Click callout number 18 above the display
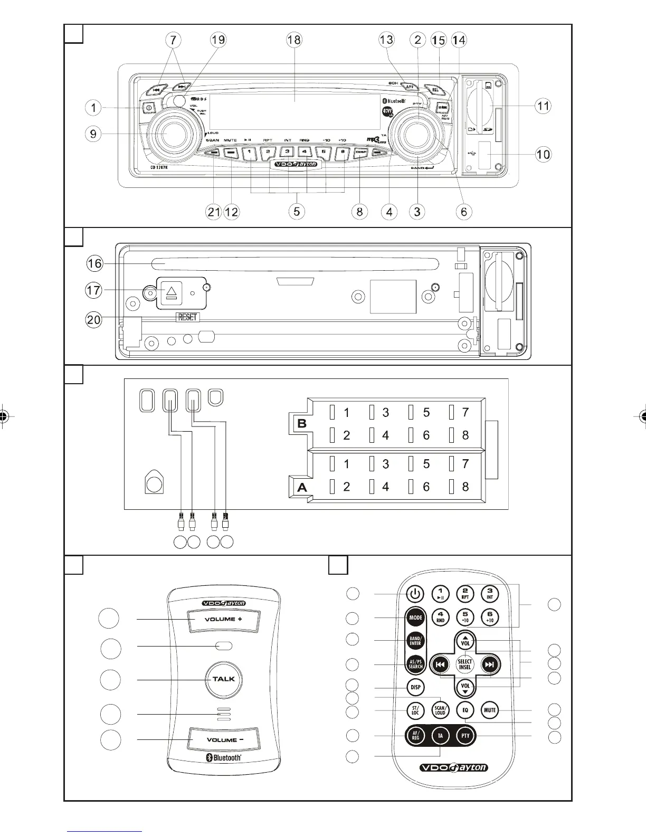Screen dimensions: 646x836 [x=294, y=40]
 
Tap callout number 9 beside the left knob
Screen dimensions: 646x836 [x=93, y=134]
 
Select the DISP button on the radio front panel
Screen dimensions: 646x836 [x=361, y=153]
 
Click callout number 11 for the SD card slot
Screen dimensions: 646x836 [x=543, y=106]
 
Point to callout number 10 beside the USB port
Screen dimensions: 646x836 [x=543, y=154]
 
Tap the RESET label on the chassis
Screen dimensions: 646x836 [x=187, y=317]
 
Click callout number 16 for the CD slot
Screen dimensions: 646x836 [x=94, y=263]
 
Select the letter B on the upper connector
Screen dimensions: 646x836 [x=302, y=423]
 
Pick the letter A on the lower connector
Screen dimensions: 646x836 [x=302, y=488]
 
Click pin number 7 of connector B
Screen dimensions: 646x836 [x=465, y=412]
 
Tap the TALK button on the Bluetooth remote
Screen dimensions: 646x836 [x=224, y=679]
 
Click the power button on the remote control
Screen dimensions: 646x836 [x=415, y=594]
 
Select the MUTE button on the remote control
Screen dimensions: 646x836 [x=490, y=710]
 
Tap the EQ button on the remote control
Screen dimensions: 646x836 [x=465, y=710]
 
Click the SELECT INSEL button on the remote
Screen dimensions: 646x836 [x=465, y=664]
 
